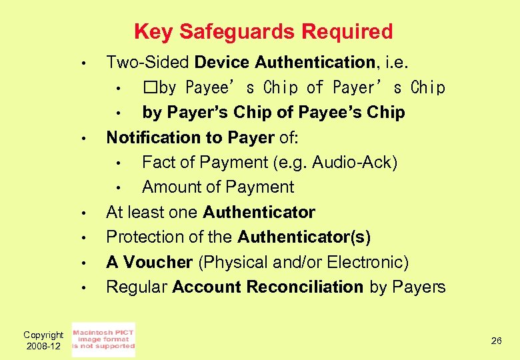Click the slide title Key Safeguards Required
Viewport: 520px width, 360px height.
click(x=263, y=31)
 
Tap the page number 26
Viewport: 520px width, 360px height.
click(x=496, y=341)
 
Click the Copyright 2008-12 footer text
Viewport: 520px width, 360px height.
click(x=43, y=340)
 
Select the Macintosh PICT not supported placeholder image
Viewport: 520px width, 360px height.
click(x=103, y=339)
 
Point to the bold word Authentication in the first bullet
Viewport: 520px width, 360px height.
click(x=315, y=63)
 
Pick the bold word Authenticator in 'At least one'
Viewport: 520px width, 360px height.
click(x=259, y=213)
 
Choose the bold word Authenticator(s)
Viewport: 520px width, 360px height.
click(x=303, y=237)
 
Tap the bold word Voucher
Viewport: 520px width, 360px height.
click(x=157, y=262)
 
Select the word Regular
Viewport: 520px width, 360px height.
click(x=137, y=287)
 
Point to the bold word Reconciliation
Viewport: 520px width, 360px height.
click(x=305, y=287)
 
